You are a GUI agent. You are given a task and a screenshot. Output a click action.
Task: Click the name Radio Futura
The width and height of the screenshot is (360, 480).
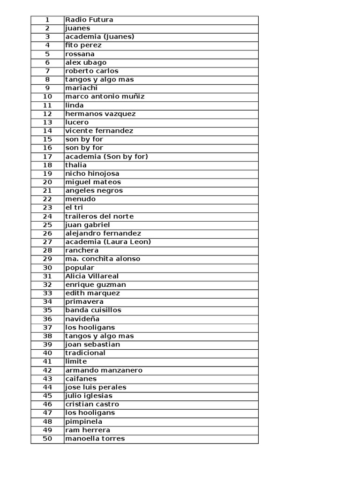click(90, 20)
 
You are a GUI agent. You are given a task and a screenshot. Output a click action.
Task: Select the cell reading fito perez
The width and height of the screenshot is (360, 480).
click(83, 45)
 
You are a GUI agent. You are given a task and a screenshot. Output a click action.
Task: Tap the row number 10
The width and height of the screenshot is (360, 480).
click(47, 97)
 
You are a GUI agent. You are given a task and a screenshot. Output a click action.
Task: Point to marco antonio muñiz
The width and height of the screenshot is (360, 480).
click(105, 97)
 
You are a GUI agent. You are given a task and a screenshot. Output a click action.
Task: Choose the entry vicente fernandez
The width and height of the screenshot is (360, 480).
click(99, 131)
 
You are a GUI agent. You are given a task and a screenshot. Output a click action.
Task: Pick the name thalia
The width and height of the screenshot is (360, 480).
click(76, 165)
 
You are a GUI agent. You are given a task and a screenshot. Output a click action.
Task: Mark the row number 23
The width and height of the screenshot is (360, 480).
click(47, 208)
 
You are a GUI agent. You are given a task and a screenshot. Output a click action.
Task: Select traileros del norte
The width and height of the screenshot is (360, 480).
click(99, 216)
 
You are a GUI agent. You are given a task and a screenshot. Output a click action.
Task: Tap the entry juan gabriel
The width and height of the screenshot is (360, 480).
click(88, 225)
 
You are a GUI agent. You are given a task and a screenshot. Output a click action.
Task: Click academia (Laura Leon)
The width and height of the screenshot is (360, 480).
click(108, 242)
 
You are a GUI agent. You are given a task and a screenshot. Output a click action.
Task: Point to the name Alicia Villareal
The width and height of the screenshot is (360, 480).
click(92, 276)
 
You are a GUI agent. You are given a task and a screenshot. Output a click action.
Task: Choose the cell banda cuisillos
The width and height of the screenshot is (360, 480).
click(93, 310)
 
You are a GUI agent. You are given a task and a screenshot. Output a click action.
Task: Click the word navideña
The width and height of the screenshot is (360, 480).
click(82, 319)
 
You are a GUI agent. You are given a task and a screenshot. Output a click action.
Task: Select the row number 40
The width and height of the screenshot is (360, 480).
click(47, 353)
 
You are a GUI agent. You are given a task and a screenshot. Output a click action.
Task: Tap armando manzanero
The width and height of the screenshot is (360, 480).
click(104, 370)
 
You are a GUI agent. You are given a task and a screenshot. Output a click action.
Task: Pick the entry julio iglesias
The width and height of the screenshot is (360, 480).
click(89, 396)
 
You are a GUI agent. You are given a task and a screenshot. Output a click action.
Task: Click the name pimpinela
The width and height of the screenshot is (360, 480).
click(84, 421)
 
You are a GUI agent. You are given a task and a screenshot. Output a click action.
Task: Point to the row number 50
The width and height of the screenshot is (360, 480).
click(47, 439)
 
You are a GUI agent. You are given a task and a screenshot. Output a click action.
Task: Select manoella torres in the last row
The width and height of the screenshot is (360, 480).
click(95, 439)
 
